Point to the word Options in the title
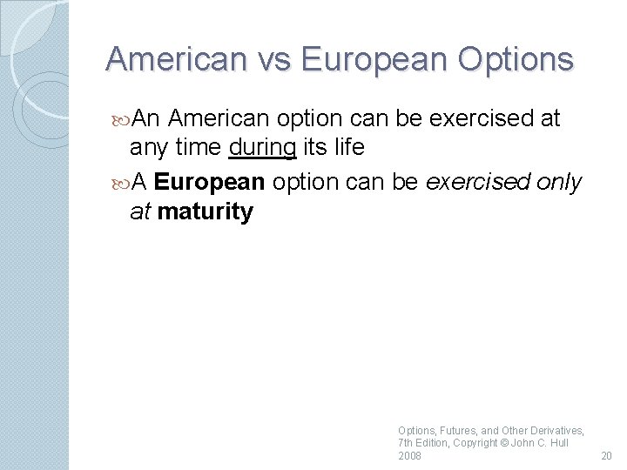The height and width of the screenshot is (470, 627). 519,59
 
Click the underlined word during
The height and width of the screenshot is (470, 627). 262,148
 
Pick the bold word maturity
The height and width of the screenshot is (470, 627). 206,211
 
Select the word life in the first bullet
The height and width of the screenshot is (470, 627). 348,148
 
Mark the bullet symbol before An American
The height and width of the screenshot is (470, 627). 121,117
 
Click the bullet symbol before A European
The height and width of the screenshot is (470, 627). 121,181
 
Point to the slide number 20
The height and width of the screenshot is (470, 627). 606,456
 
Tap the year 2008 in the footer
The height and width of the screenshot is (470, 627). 409,456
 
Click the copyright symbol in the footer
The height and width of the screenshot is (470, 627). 506,443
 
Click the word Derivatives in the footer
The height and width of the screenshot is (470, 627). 556,430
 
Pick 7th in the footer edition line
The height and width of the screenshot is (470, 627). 406,443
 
